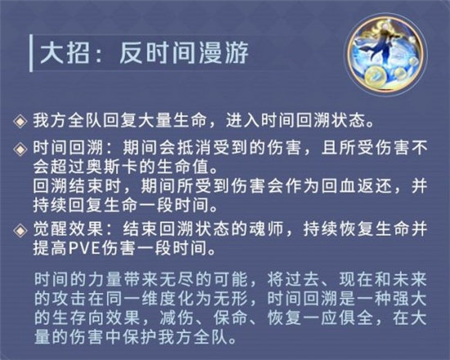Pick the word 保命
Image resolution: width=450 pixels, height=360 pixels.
point(218,313)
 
